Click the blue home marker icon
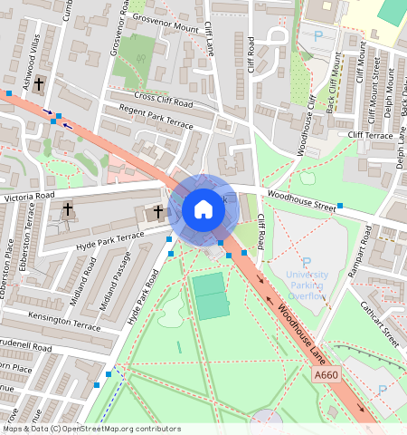coord(203,210)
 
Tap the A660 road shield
coord(327,374)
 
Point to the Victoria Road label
coord(29,196)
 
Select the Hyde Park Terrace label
coord(110,240)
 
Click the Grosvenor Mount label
coord(165,24)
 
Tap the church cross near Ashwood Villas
coord(38,92)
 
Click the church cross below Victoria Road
coord(68,209)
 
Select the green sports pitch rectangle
coord(211,296)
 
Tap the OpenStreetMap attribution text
coord(91,429)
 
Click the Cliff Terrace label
coord(370,136)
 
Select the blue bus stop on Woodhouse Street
coord(340,206)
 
